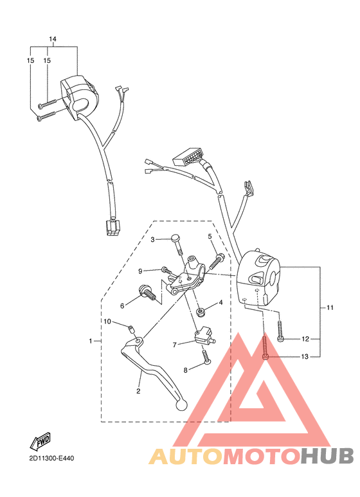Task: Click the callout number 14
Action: pos(53,40)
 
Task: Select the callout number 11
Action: pos(330,308)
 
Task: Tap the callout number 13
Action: pos(305,356)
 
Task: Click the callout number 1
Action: pos(91,340)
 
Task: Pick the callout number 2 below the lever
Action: pos(138,390)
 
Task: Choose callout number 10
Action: pos(107,321)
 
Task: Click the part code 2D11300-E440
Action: pos(51,458)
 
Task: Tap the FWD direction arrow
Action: pos(41,441)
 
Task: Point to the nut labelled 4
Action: pos(201,312)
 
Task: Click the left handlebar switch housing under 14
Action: pos(80,95)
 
